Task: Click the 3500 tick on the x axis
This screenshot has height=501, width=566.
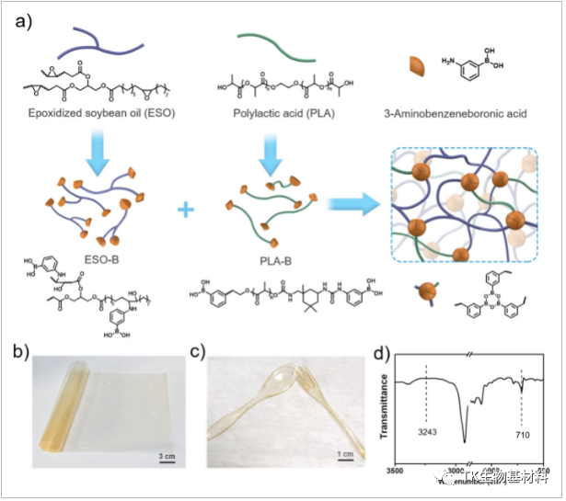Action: tap(396, 469)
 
